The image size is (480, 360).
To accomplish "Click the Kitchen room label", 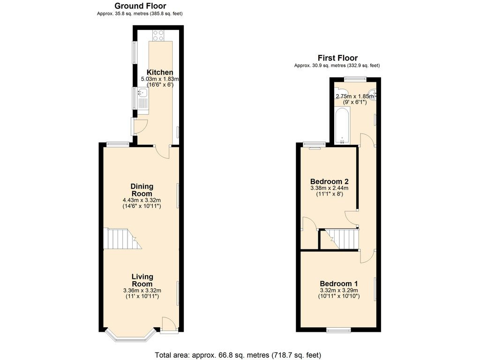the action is point(160,72).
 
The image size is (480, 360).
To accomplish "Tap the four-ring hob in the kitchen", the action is point(158,36).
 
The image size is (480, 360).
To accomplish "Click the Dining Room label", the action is point(142,190).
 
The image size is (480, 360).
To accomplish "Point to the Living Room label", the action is point(142,280).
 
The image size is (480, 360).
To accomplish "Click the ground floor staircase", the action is point(122,239).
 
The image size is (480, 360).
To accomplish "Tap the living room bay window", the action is point(130,337).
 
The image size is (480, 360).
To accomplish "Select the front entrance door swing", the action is point(169,324).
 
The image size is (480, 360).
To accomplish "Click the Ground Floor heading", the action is point(140,6).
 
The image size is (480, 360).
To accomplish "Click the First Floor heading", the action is point(337,58).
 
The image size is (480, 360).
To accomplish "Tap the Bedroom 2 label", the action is point(330,181).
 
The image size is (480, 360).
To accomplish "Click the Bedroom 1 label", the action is point(339,284).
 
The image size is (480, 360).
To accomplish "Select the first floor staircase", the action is point(341,239).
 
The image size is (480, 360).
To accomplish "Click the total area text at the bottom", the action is point(238,355).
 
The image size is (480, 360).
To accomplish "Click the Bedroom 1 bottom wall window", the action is point(338,330).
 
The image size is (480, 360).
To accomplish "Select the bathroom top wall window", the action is point(355,79).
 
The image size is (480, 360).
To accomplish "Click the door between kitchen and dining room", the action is point(163,152).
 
